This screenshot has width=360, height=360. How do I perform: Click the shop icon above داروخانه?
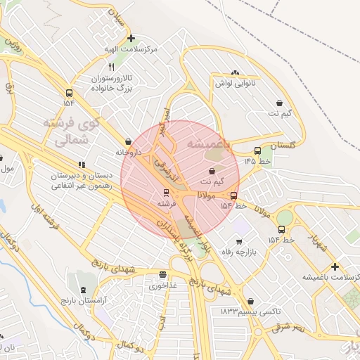click(128, 141)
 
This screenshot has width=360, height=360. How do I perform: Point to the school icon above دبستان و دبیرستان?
click(82, 165)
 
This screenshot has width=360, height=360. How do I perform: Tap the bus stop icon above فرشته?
click(166, 192)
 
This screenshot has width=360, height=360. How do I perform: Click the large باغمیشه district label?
click(209, 143)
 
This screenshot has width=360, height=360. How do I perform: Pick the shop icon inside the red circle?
click(212, 171)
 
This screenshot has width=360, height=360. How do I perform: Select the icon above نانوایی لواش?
click(234, 72)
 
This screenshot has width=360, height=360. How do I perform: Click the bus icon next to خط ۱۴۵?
click(258, 150)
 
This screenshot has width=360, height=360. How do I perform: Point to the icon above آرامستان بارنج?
click(84, 290)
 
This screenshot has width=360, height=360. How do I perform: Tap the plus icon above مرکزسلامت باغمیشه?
click(335, 266)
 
